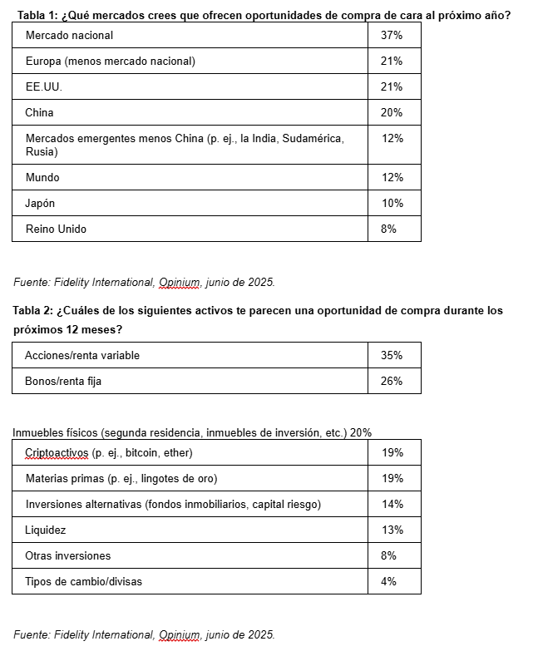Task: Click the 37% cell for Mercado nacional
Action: tap(392, 36)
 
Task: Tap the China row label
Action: tap(40, 113)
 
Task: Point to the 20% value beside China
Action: tap(392, 113)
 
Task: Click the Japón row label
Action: tap(41, 204)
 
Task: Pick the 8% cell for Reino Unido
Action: tap(388, 229)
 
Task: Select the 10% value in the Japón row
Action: tap(392, 204)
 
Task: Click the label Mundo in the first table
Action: tap(42, 178)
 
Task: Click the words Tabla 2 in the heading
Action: tap(32, 311)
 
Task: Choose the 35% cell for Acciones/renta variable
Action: tap(392, 356)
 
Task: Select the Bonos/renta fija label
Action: tap(63, 382)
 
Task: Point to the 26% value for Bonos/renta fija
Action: tap(392, 382)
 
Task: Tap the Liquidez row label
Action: tap(46, 530)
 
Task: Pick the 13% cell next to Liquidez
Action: tap(392, 530)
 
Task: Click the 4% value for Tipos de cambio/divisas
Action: tap(388, 582)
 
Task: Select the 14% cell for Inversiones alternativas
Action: tap(392, 505)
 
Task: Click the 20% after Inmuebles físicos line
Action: tap(361, 433)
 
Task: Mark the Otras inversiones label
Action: tap(68, 556)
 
